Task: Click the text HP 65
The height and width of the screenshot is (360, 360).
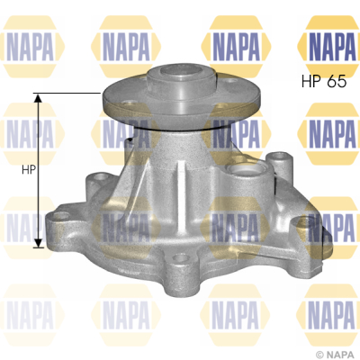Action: [x=324, y=81]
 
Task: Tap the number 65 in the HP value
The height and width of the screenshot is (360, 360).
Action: [x=337, y=81]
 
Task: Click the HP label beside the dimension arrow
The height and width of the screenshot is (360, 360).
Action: [x=29, y=170]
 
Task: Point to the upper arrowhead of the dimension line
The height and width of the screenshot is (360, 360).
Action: [x=38, y=98]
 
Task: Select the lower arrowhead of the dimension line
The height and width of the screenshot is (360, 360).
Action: [x=38, y=243]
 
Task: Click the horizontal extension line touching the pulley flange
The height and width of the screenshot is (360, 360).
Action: [x=67, y=94]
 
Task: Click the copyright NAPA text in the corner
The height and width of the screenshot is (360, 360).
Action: [x=336, y=355]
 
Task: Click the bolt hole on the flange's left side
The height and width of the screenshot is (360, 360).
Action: [x=129, y=103]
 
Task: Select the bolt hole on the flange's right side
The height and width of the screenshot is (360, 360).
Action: [x=230, y=81]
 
